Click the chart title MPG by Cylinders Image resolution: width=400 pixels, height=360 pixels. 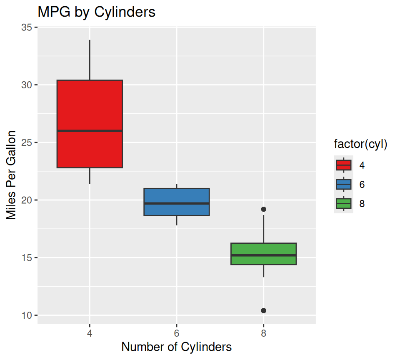pos(96,12)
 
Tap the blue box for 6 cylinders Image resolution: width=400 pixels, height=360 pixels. pos(176,196)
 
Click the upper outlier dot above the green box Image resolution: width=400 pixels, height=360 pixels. pos(263,209)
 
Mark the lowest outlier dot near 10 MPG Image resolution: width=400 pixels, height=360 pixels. pos(263,310)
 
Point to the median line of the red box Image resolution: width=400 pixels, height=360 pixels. pos(90,131)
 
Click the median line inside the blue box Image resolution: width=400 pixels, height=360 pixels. pos(176,203)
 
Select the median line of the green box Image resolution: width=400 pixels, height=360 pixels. pos(263,255)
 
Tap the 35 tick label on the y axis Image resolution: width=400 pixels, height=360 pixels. pos(27,27)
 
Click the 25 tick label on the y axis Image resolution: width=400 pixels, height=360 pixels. pos(27,142)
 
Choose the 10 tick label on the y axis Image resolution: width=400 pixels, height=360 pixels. pos(27,315)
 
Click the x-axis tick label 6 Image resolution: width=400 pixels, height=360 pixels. pos(177,333)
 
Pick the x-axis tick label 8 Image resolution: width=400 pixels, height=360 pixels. pos(263,333)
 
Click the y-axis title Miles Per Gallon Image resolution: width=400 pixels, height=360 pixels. pos(11,175)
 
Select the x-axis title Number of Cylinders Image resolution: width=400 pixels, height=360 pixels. pos(176,347)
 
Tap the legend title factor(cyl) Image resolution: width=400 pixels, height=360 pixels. pos(361,145)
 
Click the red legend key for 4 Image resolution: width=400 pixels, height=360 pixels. pos(344,165)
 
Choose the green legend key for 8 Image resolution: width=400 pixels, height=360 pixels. pos(344,204)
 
